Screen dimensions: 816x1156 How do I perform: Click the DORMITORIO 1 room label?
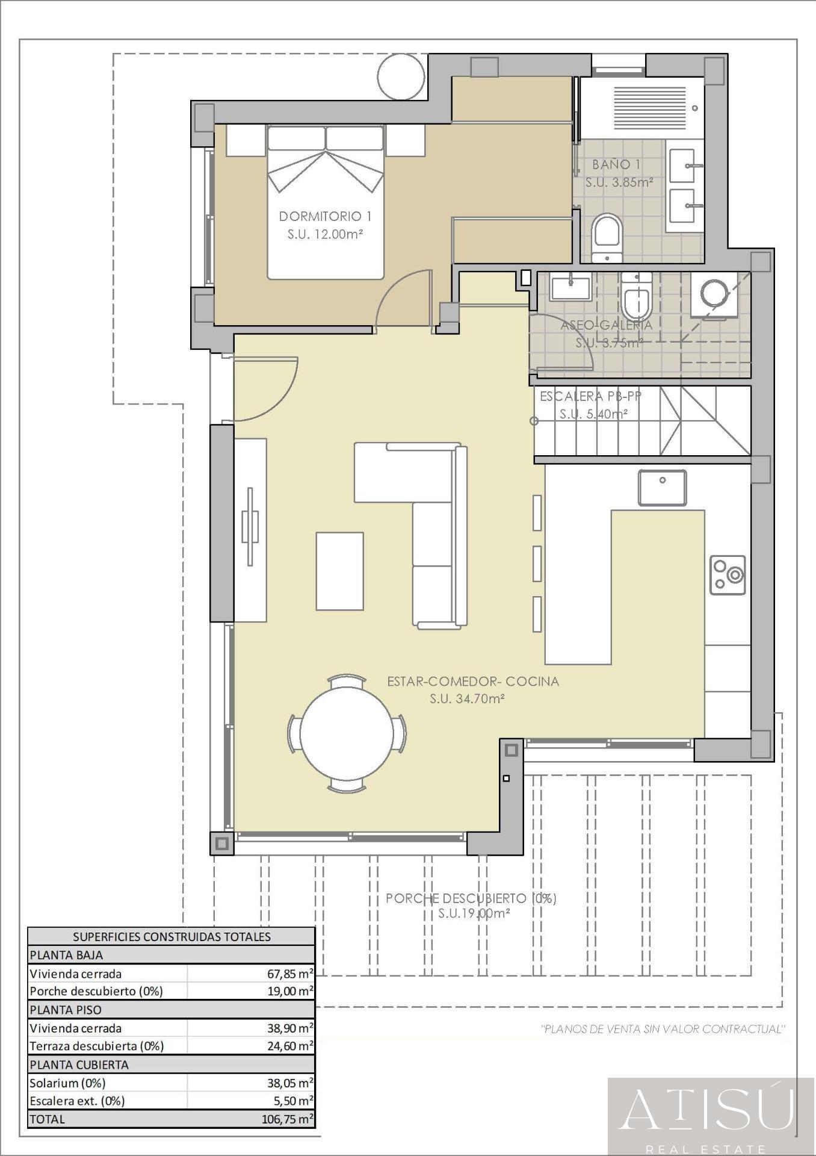point(325,216)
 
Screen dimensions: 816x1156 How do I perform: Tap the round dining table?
point(347,733)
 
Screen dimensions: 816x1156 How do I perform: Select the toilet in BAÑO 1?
point(607,238)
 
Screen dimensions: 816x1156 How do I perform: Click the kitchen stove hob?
point(728,574)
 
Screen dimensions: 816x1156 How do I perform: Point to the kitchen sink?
point(662,487)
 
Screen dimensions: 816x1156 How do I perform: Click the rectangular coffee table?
point(340,571)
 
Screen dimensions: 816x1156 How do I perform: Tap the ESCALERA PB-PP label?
point(590,396)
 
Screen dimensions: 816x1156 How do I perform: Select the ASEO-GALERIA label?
point(606,325)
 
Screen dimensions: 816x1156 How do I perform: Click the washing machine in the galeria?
point(714,296)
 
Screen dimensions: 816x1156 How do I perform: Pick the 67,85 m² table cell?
point(290,974)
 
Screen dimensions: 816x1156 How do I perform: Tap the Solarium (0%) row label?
point(67,1083)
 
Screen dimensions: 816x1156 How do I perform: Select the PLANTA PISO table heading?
point(66,1010)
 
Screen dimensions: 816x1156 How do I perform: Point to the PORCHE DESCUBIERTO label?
point(471,898)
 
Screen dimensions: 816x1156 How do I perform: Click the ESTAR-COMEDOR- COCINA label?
point(473,682)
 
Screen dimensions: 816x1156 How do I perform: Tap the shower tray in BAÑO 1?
point(642,108)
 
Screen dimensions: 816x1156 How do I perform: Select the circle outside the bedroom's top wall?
point(401,76)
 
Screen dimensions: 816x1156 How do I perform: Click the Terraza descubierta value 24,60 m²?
point(290,1046)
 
